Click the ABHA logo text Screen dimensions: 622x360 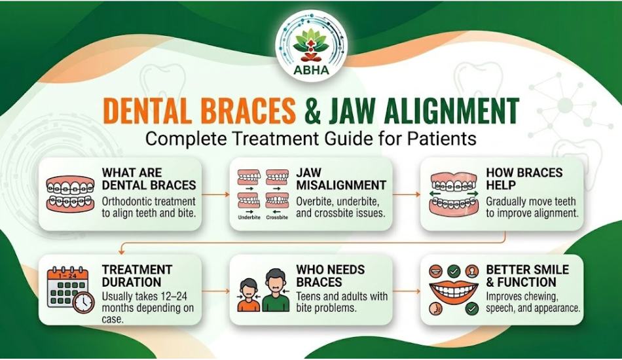tap(312, 70)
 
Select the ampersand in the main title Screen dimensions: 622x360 tap(312, 111)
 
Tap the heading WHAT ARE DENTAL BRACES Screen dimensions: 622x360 tap(149, 179)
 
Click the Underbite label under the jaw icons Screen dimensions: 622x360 tap(249, 217)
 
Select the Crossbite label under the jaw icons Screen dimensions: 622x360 tap(277, 217)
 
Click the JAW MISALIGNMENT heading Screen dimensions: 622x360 tap(341, 179)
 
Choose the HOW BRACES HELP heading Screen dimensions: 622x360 tap(524, 179)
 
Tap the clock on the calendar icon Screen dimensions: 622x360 tap(84, 302)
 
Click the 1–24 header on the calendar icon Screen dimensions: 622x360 tap(67, 275)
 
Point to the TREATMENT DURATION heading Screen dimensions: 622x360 tap(137, 276)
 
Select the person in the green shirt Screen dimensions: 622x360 tap(276, 290)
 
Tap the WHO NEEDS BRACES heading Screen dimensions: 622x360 tap(331, 276)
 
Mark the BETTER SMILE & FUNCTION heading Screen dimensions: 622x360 tap(527, 276)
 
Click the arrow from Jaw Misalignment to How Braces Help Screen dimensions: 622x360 tap(406, 194)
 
